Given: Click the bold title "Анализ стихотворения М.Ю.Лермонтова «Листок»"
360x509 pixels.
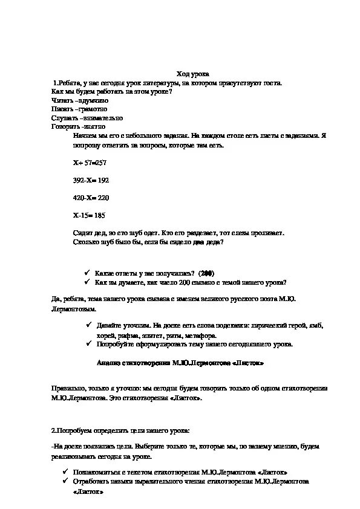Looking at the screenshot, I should point(180,364).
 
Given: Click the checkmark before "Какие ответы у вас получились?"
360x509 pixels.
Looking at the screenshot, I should point(87,272).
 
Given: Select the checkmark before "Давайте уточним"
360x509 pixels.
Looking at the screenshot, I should point(87,325).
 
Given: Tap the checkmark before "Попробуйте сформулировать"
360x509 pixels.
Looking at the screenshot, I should point(87,343).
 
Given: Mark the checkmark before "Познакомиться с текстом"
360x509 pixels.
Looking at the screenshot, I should point(65,471).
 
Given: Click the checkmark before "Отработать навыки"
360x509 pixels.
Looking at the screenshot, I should point(65,482).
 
